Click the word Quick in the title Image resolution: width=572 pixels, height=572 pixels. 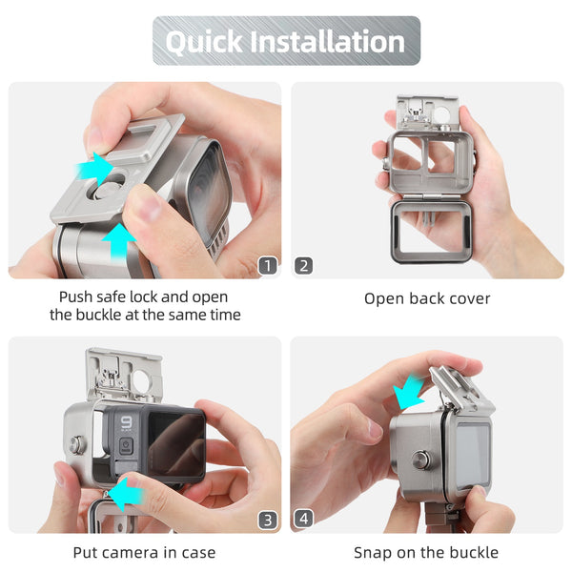[204, 42]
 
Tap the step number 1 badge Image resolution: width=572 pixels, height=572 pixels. [268, 266]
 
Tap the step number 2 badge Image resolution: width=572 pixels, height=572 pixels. [303, 266]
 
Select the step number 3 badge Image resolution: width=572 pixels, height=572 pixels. [268, 520]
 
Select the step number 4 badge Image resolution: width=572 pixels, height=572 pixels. [303, 519]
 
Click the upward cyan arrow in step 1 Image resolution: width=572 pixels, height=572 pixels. [119, 241]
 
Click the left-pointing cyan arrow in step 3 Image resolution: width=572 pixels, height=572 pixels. [126, 495]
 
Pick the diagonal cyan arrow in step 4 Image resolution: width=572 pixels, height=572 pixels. [409, 392]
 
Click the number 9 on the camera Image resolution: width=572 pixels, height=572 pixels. [126, 423]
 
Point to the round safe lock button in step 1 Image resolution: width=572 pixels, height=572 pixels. [108, 190]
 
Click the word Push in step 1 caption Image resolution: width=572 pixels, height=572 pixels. [75, 296]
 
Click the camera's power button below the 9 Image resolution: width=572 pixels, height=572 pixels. [126, 445]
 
